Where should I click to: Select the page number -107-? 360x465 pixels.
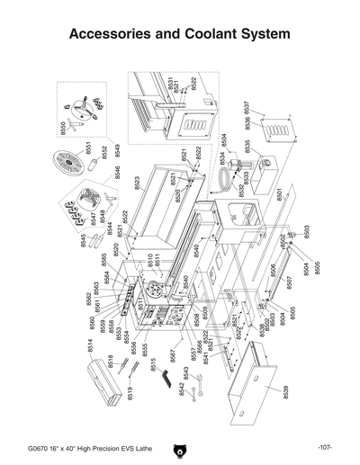325,447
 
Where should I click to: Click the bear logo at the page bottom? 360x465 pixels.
180,447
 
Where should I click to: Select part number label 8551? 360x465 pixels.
88,148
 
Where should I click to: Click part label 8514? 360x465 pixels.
91,345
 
